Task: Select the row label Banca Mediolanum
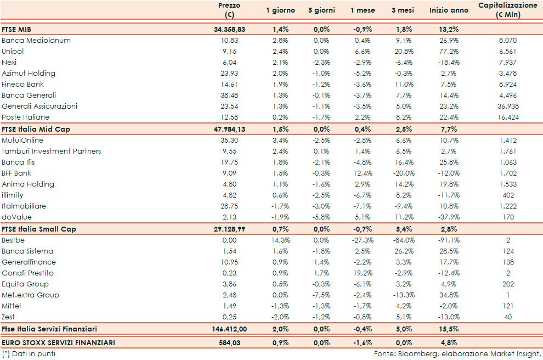[36, 41]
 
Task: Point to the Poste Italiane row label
[25, 117]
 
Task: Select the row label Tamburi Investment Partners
[52, 151]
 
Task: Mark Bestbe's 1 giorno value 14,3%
[280, 240]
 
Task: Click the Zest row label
[8, 317]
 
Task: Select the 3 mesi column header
[403, 10]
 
